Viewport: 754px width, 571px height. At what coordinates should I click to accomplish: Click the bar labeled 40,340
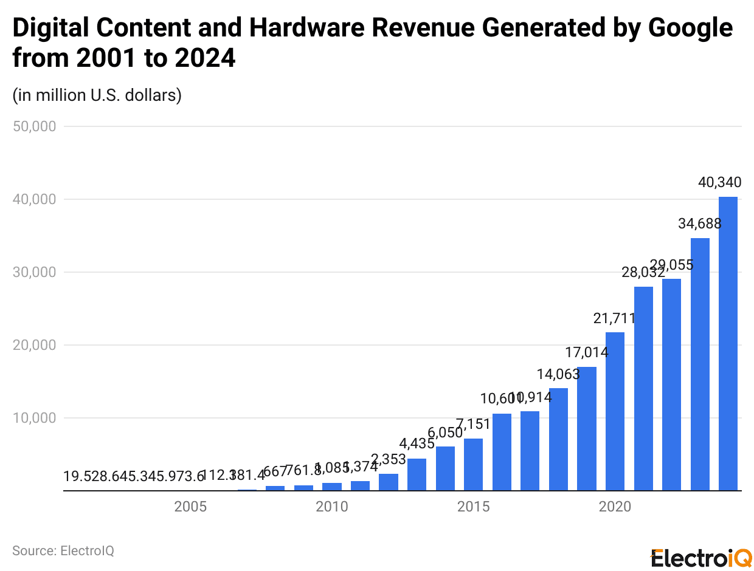click(x=728, y=343)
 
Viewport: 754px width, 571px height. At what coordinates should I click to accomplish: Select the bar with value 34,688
click(x=700, y=364)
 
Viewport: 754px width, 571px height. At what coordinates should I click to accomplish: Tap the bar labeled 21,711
click(x=615, y=411)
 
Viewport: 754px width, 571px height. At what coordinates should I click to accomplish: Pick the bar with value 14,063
click(x=558, y=439)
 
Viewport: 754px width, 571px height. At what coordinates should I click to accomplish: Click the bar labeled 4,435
click(x=417, y=474)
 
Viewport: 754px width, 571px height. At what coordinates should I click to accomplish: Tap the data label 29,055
click(x=671, y=265)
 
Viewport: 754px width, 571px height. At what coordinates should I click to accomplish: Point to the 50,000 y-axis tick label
click(x=35, y=126)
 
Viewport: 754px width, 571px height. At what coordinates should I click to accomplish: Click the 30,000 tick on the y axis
click(x=35, y=272)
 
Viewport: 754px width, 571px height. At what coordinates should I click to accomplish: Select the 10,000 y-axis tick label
click(x=35, y=418)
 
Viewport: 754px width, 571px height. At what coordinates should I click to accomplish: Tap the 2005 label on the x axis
click(x=190, y=507)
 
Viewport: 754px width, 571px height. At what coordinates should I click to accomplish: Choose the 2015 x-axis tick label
click(x=473, y=507)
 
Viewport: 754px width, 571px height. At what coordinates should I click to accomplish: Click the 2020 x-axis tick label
click(x=615, y=507)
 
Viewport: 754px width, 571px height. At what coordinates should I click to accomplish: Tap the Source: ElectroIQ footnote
click(x=63, y=551)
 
